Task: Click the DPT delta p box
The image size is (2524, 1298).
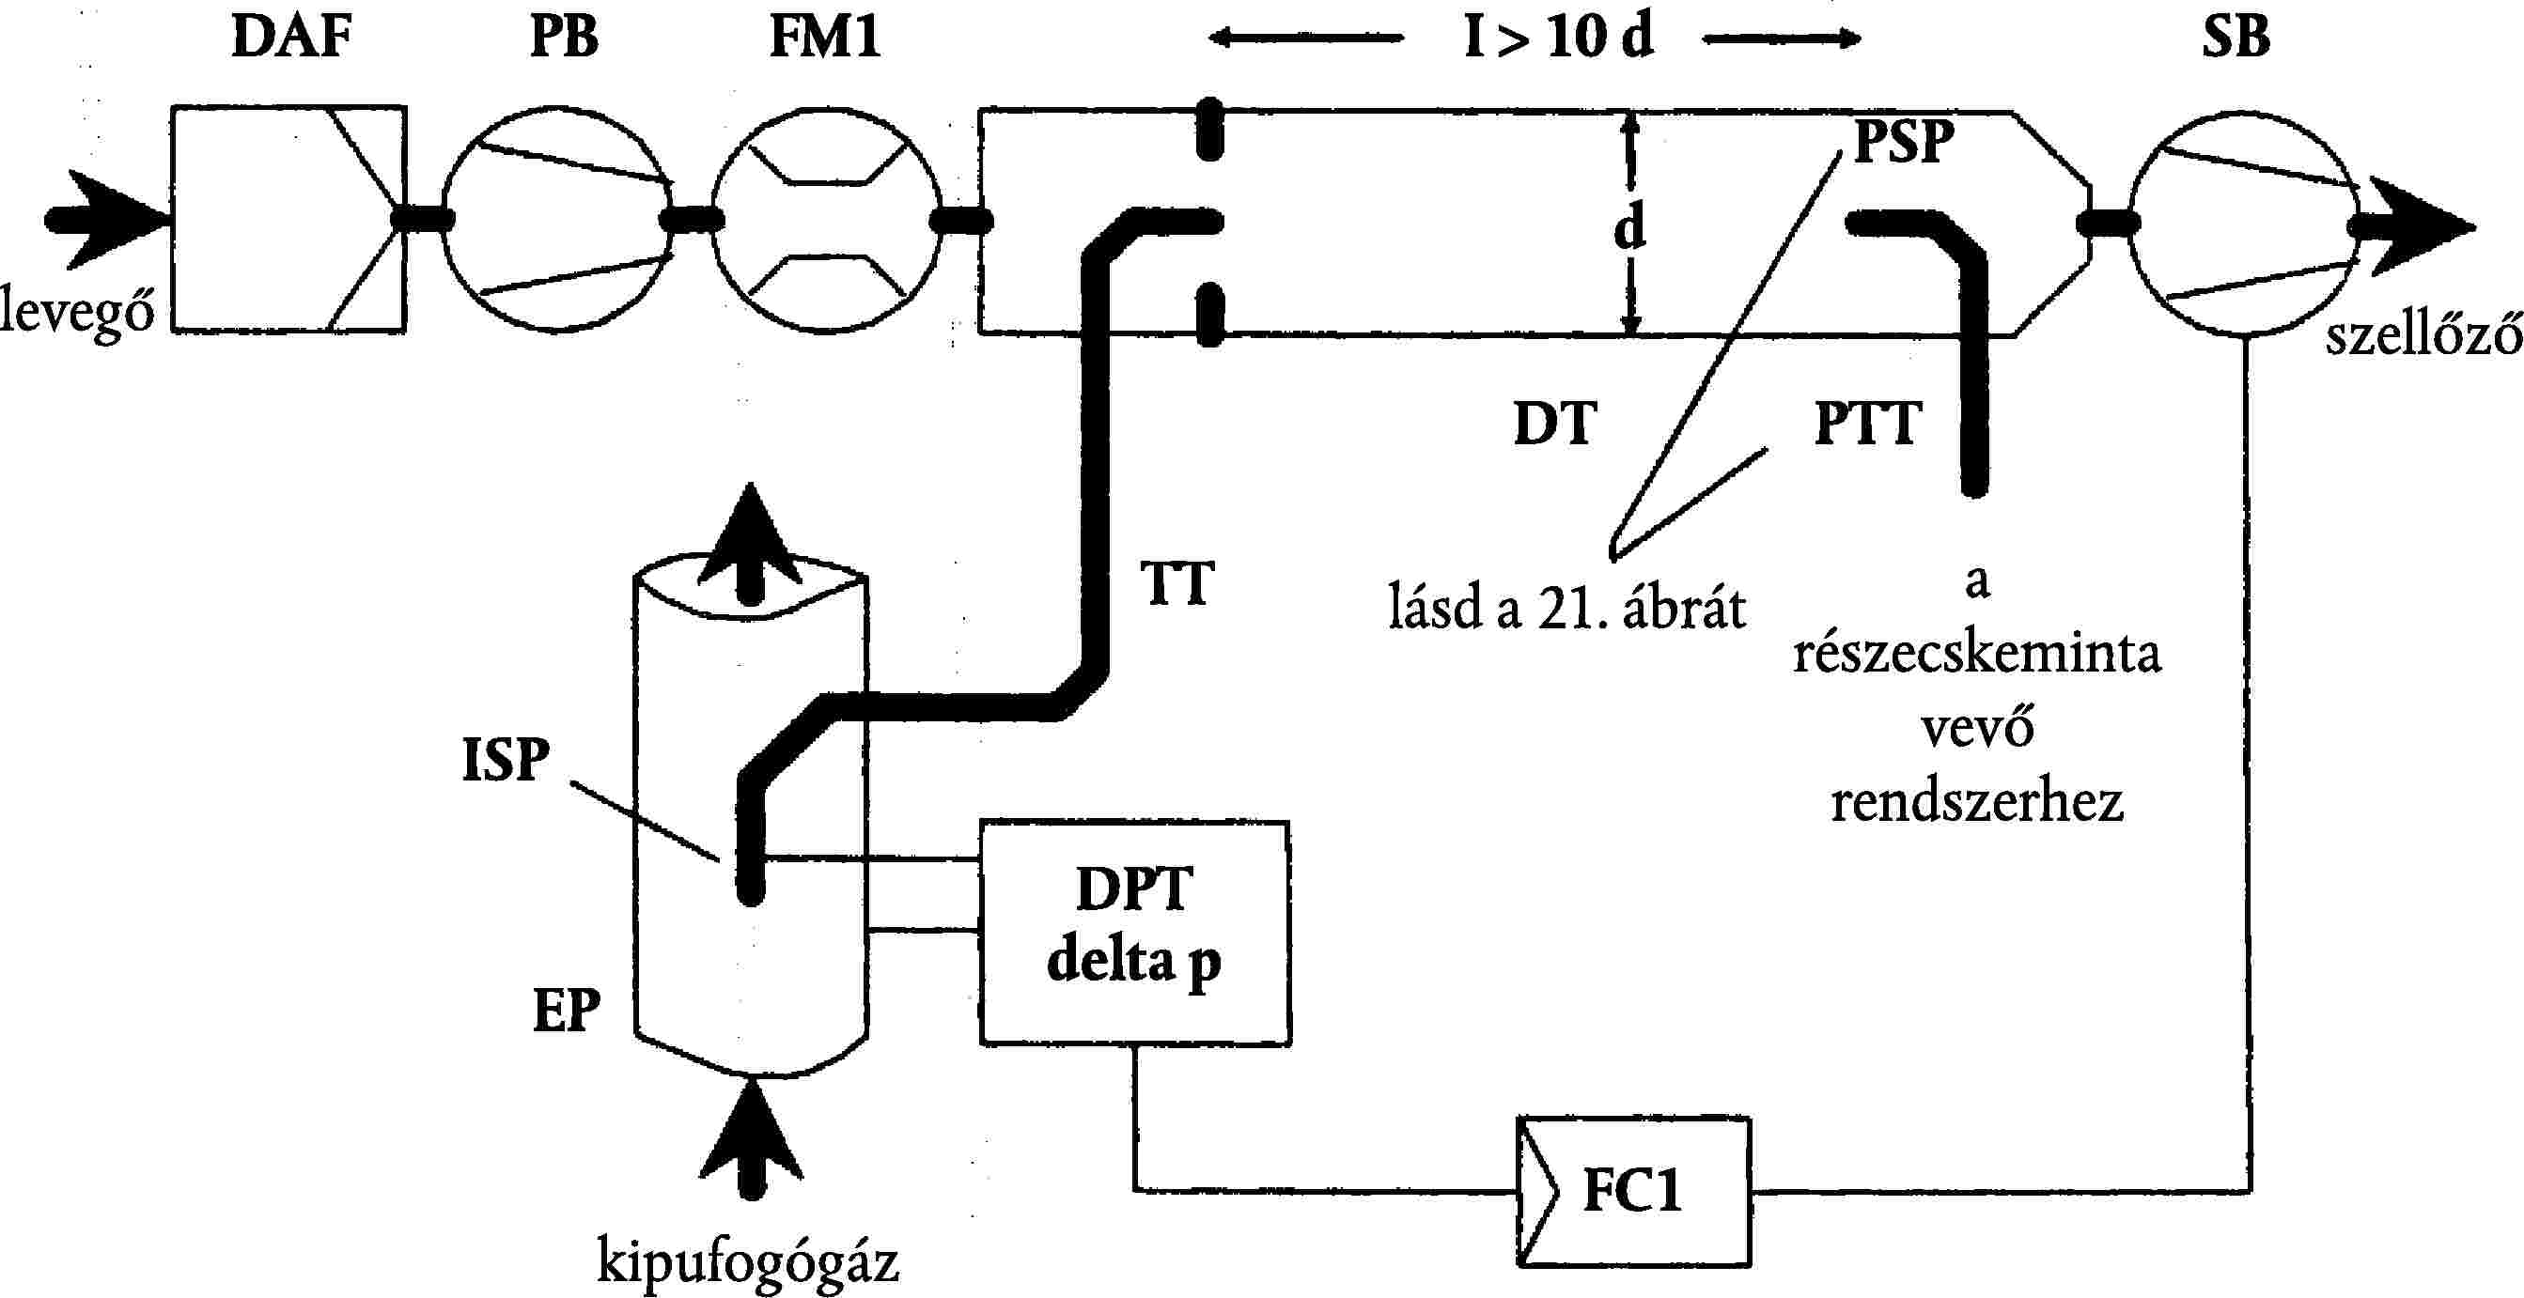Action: coord(1134,934)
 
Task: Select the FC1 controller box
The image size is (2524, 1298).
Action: coord(1633,1191)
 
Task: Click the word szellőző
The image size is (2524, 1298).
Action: coord(2423,335)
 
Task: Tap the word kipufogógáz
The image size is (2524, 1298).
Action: coord(748,1261)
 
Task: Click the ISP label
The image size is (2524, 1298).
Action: coord(506,760)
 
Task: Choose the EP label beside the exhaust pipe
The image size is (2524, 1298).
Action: coord(566,1010)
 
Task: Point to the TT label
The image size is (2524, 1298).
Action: coord(1176,584)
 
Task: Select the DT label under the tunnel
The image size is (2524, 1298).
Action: coord(1555,424)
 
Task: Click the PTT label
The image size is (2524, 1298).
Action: coord(1866,424)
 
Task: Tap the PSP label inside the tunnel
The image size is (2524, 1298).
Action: coord(1904,142)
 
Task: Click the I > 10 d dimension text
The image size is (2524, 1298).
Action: coord(1558,39)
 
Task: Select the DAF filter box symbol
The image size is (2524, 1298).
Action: coord(288,220)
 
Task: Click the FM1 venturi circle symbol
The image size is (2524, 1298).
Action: coord(825,220)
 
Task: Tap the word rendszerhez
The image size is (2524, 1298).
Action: coord(1977,801)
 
